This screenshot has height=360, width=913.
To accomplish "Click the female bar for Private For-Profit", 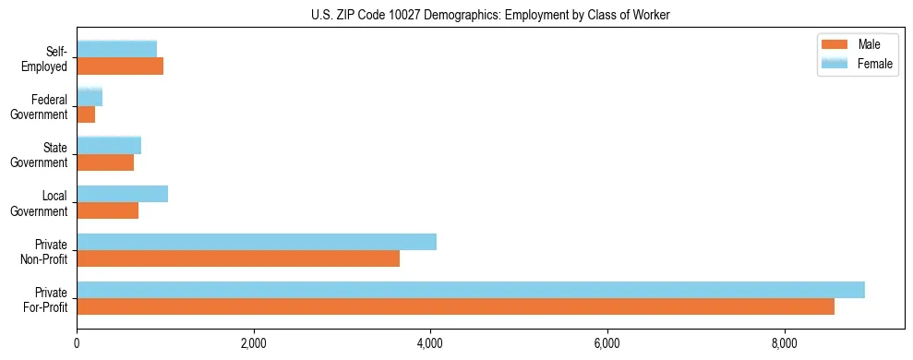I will coord(471,290).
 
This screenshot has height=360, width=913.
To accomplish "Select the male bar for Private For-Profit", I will coord(455,306).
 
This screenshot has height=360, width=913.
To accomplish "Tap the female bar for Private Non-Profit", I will coord(257,242).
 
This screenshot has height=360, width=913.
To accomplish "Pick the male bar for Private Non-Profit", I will coord(238,258).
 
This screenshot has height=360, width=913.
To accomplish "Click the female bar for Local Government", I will coord(122,194).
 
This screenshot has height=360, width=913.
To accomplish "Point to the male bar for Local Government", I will coord(107,210).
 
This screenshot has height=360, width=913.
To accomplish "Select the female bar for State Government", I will coord(109,145).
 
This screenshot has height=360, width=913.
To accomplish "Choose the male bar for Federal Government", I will coord(86,114).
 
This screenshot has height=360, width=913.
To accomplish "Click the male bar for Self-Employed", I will coord(120,66).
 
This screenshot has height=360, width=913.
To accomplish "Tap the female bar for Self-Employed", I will coord(116,49).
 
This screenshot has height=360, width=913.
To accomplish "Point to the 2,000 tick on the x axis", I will coord(253,344).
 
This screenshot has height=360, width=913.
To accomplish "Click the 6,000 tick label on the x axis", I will coord(607,344).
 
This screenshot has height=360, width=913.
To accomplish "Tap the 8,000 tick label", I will coord(784,344).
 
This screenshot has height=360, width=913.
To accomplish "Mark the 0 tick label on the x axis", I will coord(77,344).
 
